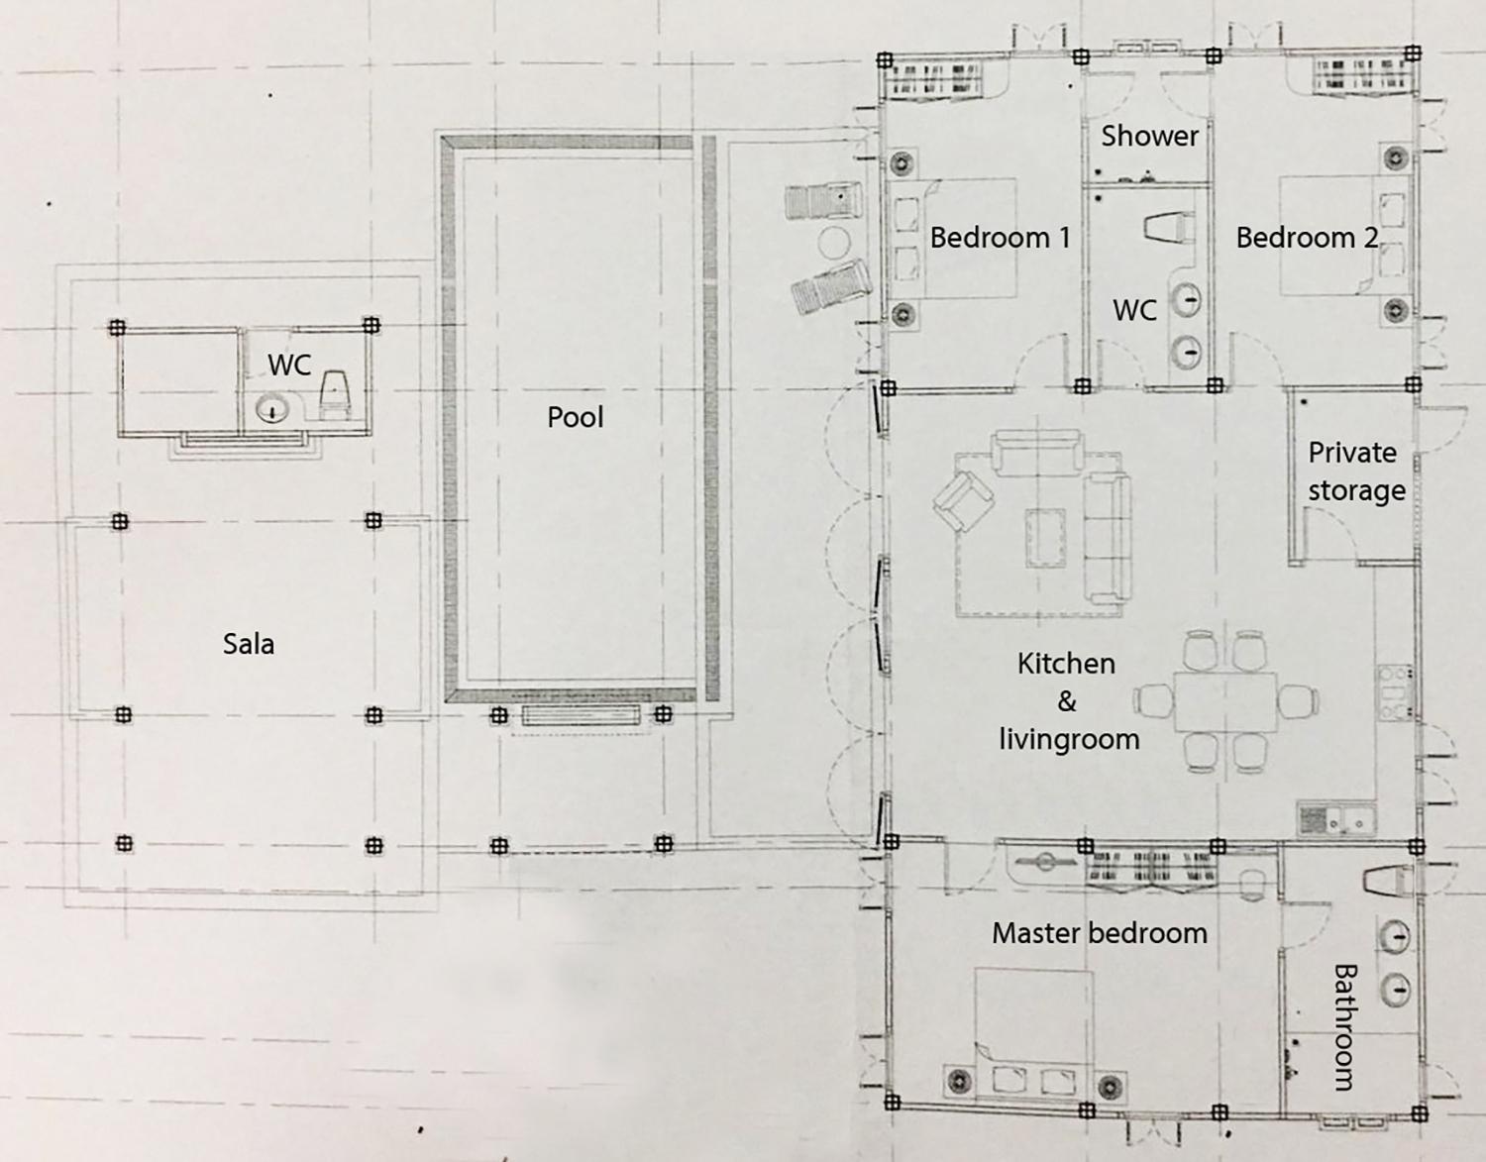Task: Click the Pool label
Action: tap(576, 417)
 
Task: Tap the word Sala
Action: tap(249, 644)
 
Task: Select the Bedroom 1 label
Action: tap(1000, 238)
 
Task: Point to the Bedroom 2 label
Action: tap(1307, 238)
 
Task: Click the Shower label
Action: tap(1149, 136)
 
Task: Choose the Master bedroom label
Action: tap(1100, 933)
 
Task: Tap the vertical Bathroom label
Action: tap(1344, 1027)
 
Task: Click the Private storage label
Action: tap(1356, 472)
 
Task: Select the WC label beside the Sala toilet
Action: tap(290, 365)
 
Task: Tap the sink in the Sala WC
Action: tap(273, 409)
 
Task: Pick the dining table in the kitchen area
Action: tap(1225, 701)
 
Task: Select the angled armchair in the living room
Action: tap(964, 500)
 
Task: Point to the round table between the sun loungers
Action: tap(834, 244)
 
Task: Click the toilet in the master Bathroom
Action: tap(1387, 880)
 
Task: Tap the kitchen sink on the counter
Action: tap(1337, 820)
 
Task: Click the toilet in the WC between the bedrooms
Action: tap(1170, 228)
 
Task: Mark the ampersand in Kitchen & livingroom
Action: tap(1067, 701)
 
